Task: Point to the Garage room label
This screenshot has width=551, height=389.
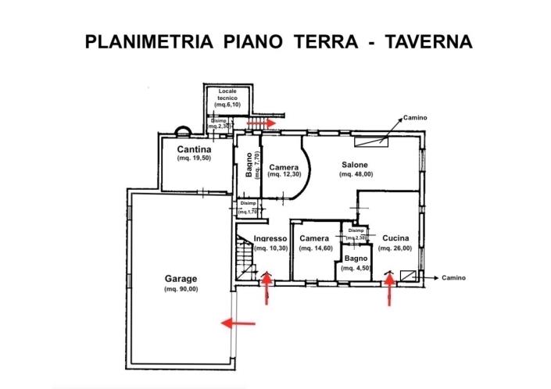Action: point(181,279)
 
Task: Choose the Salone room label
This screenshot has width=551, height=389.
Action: point(356,165)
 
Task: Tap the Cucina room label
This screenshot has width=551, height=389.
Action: point(395,238)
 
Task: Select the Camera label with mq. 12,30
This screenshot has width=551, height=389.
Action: point(284,167)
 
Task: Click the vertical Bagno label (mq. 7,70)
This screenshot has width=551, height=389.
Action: point(248,165)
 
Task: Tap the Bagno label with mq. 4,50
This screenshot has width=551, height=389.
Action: point(356,258)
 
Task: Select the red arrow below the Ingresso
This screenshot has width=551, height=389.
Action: point(267,289)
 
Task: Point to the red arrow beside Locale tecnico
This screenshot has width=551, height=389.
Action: point(259,123)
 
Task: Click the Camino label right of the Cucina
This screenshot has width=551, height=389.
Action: point(454,278)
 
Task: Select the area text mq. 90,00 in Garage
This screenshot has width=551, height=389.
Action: point(181,290)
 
